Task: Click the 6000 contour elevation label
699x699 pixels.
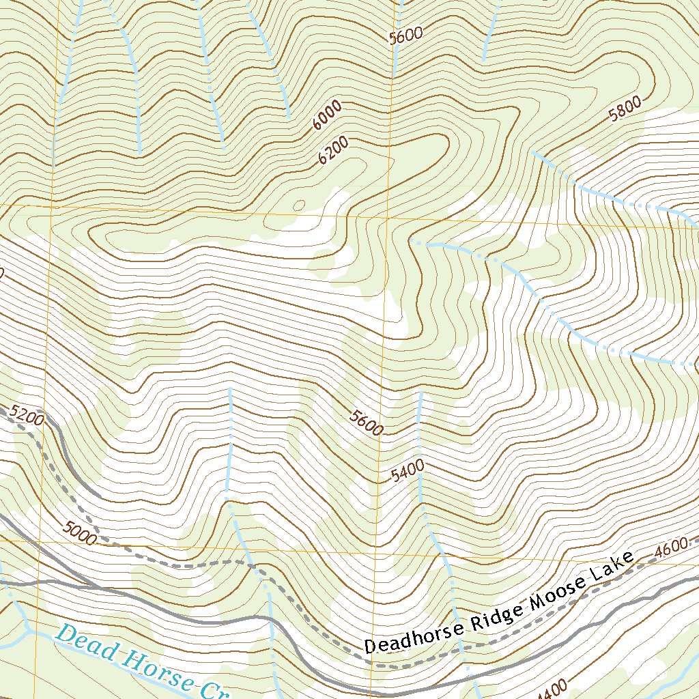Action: coord(327,115)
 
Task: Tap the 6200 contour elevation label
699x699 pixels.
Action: coord(334,151)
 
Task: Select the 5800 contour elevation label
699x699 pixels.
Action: coord(625,109)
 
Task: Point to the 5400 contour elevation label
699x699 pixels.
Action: coord(408,471)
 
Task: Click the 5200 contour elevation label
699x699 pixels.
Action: coord(28,415)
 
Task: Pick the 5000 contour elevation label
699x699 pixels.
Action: coord(79,532)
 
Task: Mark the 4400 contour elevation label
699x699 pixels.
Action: coord(553,691)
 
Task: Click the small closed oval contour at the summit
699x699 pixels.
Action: coord(298,205)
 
